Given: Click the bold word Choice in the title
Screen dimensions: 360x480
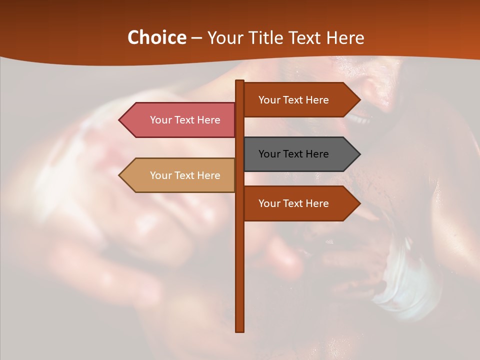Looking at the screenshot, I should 156,37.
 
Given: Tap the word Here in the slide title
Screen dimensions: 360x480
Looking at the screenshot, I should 345,37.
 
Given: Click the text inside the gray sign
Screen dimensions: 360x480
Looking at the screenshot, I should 293,154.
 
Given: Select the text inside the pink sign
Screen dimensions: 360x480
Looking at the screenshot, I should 185,120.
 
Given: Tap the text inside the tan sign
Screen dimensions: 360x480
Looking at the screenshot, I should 185,175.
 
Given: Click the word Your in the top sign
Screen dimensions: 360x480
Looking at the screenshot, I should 269,100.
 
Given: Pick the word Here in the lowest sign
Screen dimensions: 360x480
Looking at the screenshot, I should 317,203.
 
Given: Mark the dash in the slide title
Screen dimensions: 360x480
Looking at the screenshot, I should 196,38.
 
